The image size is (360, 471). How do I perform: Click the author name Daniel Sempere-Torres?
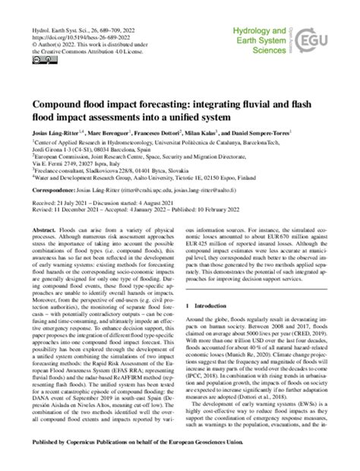click(298, 134)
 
